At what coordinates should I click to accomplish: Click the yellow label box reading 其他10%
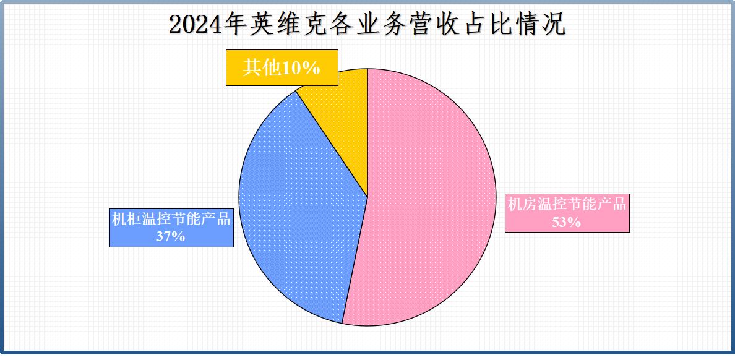pos(282,68)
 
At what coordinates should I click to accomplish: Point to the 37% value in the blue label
pos(171,236)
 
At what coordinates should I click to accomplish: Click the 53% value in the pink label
pos(566,221)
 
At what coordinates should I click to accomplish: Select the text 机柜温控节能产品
pos(171,219)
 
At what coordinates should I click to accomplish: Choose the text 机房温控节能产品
pos(567,204)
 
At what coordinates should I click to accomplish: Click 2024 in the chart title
pos(195,25)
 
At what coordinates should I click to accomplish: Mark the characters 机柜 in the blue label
pos(127,219)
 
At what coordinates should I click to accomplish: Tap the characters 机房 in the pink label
pos(523,204)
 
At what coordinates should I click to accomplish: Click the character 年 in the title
pos(234,25)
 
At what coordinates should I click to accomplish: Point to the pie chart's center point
pos(367,197)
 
